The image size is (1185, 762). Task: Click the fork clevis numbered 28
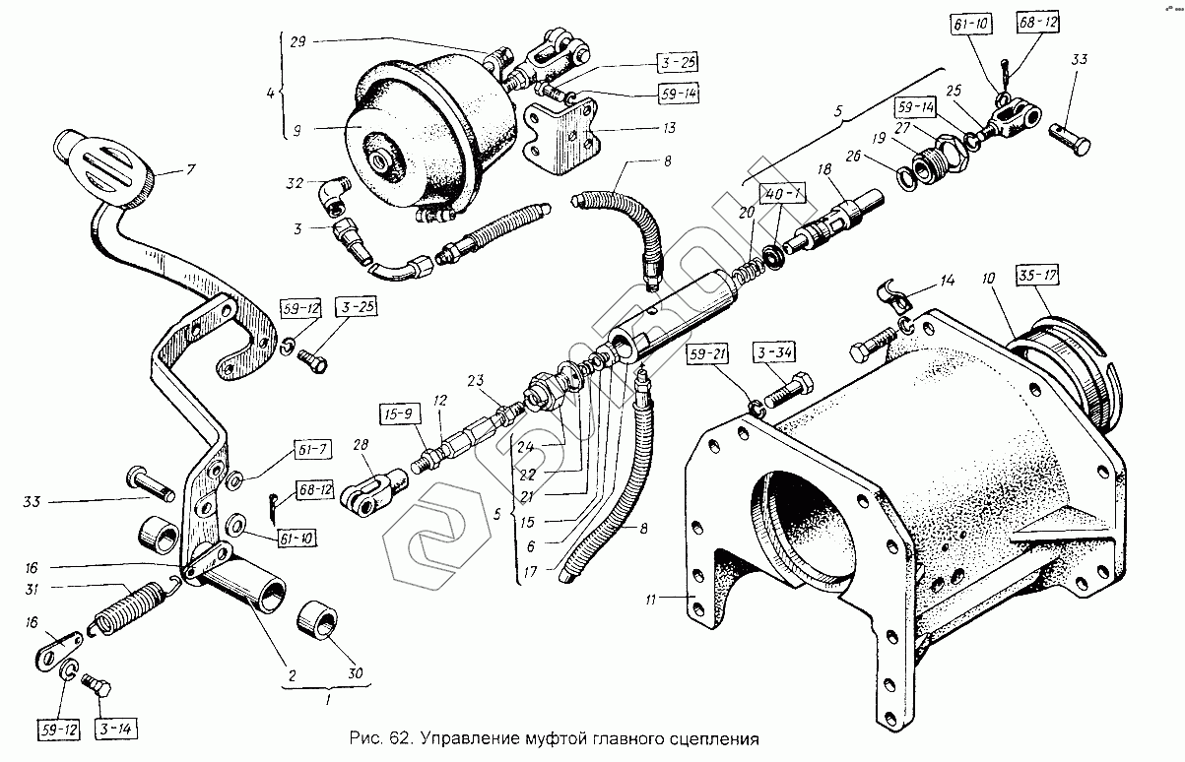click(375, 486)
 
